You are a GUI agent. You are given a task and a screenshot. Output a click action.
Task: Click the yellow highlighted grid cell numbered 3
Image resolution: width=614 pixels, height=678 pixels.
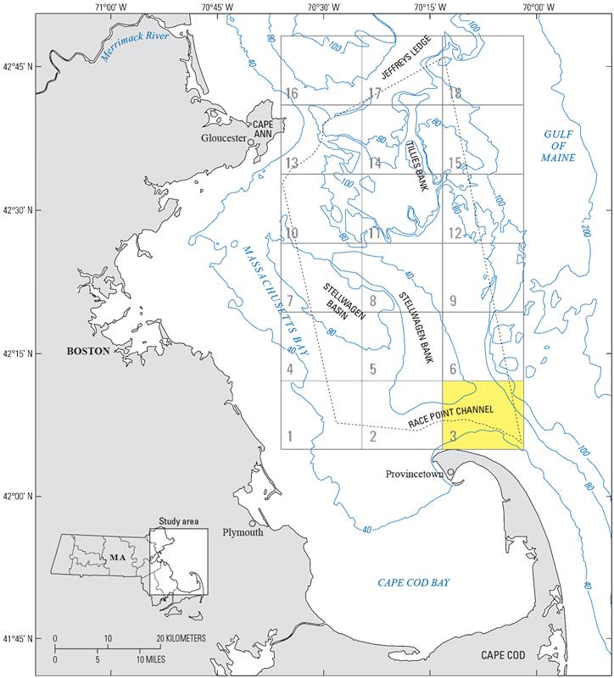483,414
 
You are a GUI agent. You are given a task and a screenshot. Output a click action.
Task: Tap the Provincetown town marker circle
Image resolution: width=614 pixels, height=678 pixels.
451,473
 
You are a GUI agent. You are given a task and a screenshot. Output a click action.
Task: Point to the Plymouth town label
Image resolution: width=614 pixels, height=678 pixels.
243,533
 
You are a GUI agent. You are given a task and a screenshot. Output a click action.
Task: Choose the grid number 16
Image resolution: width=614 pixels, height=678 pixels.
292,93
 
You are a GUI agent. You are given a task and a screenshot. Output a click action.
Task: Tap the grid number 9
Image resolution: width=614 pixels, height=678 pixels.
453,300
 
